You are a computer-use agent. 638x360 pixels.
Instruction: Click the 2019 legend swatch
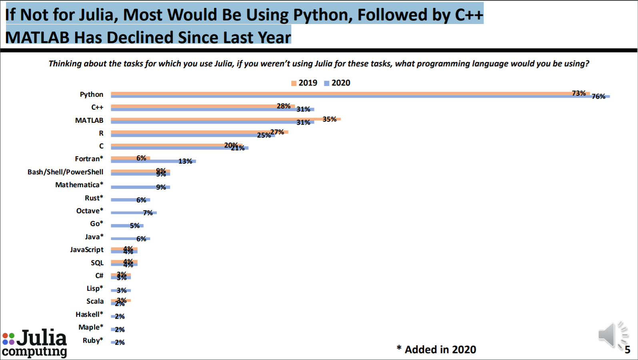click(x=294, y=83)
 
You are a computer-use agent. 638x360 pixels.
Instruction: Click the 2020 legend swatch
click(x=326, y=83)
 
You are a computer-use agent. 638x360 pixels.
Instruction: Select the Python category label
click(x=91, y=94)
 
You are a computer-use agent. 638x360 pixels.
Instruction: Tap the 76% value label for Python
click(x=598, y=96)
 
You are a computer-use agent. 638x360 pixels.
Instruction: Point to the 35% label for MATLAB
click(x=329, y=119)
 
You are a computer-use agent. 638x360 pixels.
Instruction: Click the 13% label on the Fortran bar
click(x=185, y=161)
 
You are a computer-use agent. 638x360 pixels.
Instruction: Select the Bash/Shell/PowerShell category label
click(x=65, y=172)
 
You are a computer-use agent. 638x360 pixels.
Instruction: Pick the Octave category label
click(x=90, y=211)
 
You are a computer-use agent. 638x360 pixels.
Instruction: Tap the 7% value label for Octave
click(x=148, y=213)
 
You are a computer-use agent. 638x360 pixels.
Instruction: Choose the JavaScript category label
click(x=86, y=250)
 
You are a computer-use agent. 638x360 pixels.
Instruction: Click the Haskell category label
click(x=89, y=314)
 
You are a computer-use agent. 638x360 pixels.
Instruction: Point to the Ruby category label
click(x=93, y=340)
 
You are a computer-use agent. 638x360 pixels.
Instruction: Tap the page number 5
click(x=627, y=350)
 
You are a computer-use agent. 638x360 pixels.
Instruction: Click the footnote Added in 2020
click(x=436, y=350)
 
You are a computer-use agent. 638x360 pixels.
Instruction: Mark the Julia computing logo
click(x=34, y=343)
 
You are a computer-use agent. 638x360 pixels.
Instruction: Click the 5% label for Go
click(x=135, y=226)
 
